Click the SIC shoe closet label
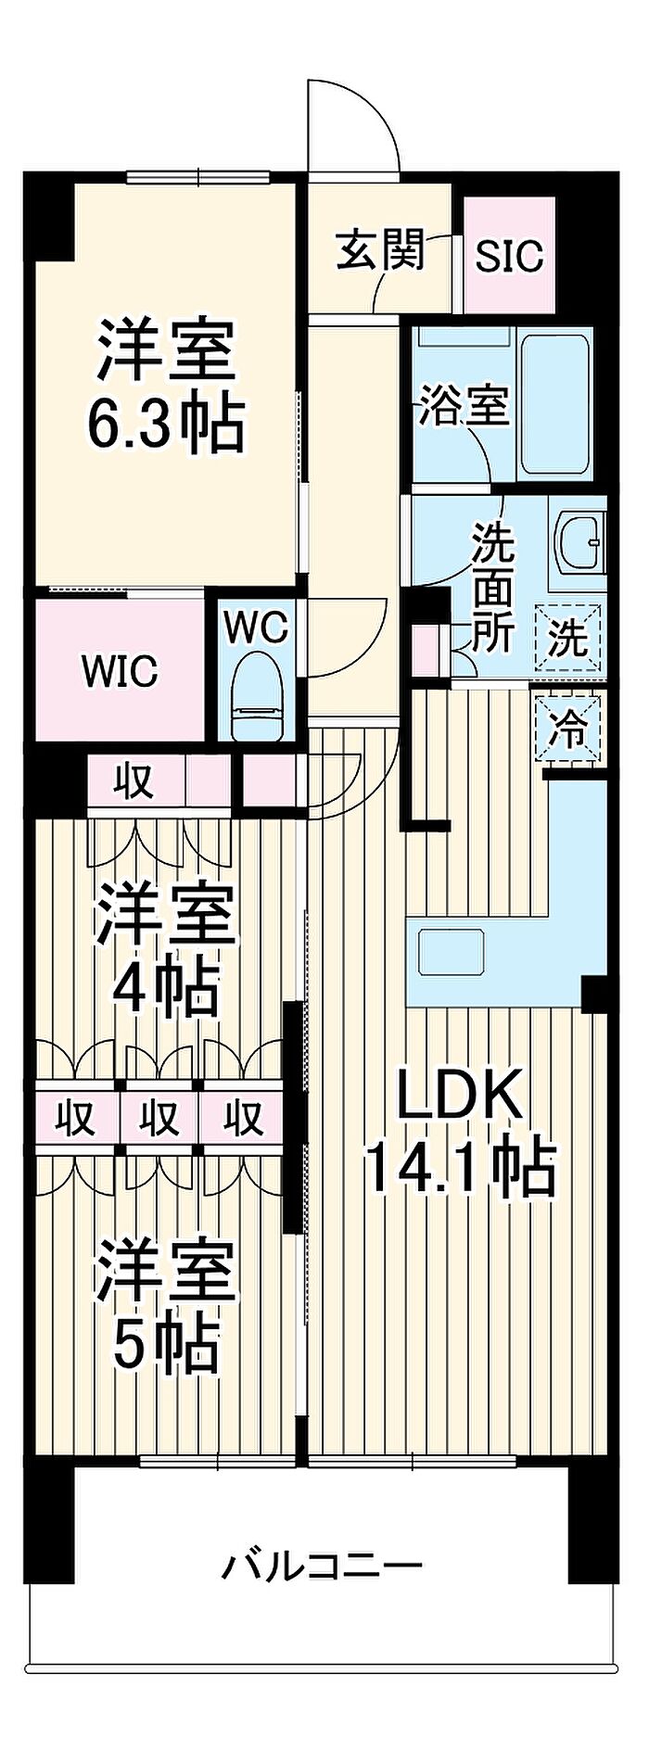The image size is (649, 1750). tap(509, 255)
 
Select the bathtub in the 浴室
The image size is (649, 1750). tap(554, 403)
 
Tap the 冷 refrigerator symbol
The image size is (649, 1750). tap(567, 730)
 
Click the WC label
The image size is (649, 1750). tap(257, 628)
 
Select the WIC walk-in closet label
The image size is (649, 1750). tap(120, 671)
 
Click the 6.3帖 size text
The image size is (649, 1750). tap(166, 425)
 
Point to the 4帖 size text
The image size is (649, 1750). tap(166, 987)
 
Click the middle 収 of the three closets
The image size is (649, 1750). tap(159, 1118)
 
